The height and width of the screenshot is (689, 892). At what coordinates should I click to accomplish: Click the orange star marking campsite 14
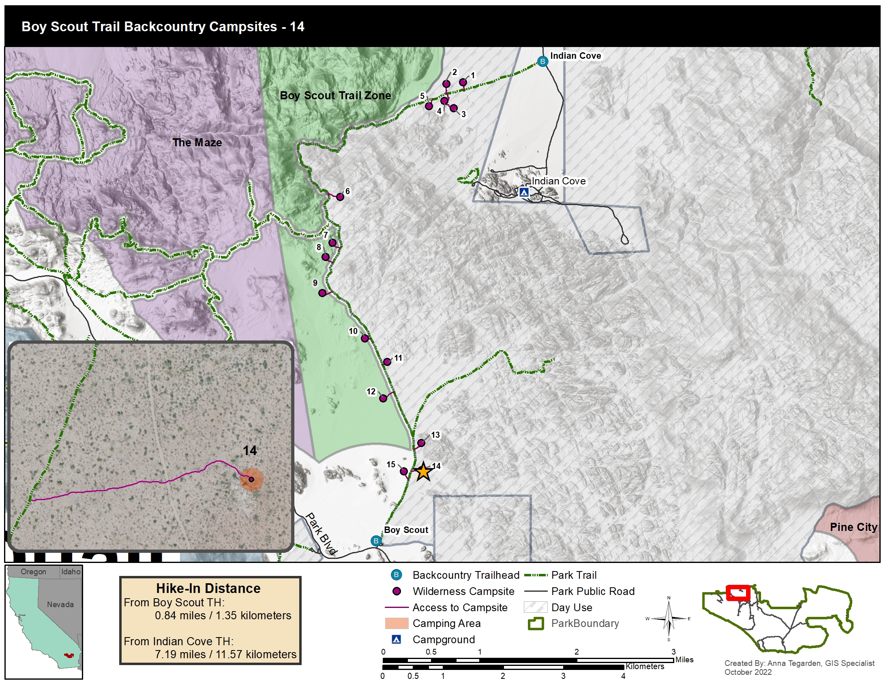pyautogui.click(x=424, y=472)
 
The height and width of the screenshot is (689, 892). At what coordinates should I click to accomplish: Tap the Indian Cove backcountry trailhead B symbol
pyautogui.click(x=542, y=62)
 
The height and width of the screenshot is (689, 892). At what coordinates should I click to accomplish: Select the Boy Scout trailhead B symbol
pyautogui.click(x=376, y=541)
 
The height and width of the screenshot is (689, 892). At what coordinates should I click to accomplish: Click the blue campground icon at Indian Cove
pyautogui.click(x=524, y=192)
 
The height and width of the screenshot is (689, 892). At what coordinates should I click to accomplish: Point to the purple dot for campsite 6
pyautogui.click(x=340, y=197)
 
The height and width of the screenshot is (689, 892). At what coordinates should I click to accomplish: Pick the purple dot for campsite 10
pyautogui.click(x=365, y=338)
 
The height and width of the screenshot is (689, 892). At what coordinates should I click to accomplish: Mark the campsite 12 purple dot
pyautogui.click(x=383, y=398)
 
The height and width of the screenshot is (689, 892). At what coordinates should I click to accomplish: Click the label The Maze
pyautogui.click(x=197, y=142)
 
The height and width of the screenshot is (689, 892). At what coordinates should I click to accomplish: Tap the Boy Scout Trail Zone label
pyautogui.click(x=335, y=96)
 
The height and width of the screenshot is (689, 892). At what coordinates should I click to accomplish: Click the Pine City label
pyautogui.click(x=853, y=527)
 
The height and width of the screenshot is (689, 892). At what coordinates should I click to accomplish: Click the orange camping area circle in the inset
pyautogui.click(x=251, y=479)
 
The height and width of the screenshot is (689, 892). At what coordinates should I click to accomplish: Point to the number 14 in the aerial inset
pyautogui.click(x=249, y=451)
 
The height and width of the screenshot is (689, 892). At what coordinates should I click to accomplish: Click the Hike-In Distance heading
pyautogui.click(x=208, y=588)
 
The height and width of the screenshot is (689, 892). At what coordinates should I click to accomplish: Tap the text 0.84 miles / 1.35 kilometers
pyautogui.click(x=223, y=615)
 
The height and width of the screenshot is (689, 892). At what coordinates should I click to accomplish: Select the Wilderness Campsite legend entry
pyautogui.click(x=463, y=591)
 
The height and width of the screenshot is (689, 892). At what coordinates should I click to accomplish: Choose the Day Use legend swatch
pyautogui.click(x=536, y=607)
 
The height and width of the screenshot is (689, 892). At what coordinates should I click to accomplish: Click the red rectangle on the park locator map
pyautogui.click(x=738, y=593)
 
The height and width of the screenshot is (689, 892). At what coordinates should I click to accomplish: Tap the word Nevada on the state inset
pyautogui.click(x=60, y=605)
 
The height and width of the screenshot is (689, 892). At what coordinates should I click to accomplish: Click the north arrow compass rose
pyautogui.click(x=669, y=618)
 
